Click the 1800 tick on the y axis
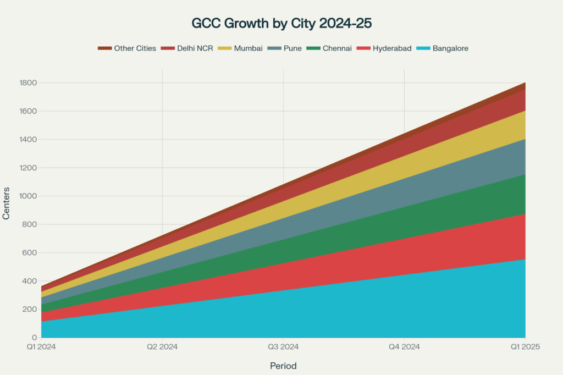tap(27, 83)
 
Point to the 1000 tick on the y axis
tap(27, 196)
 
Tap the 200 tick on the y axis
tap(30, 309)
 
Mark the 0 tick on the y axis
tap(34, 338)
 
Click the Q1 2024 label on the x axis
tap(41, 347)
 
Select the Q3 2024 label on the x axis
tap(283, 347)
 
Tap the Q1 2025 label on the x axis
tap(525, 347)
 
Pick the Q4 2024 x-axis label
tap(404, 347)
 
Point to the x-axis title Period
tap(283, 366)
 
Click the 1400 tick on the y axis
tap(27, 140)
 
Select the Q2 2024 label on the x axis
tap(162, 347)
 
